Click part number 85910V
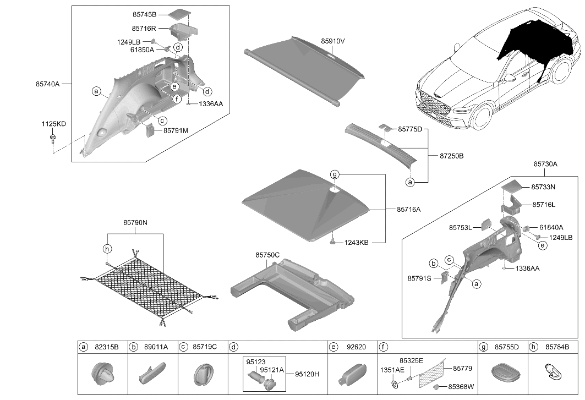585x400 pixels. tap(332, 41)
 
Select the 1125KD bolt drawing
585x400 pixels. tap(53, 138)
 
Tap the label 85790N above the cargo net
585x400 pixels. tap(135, 223)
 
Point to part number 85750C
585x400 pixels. tap(267, 255)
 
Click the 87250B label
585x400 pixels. tap(451, 156)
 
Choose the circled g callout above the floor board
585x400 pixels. tap(335, 174)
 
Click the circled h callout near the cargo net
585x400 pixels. tap(107, 249)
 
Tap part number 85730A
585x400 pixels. tap(545, 164)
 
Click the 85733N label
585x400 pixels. tap(543, 187)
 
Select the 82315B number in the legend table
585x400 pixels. tap(107, 347)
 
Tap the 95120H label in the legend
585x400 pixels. tap(307, 374)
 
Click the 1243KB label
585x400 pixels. tap(356, 243)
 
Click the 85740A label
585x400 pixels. tap(48, 84)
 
